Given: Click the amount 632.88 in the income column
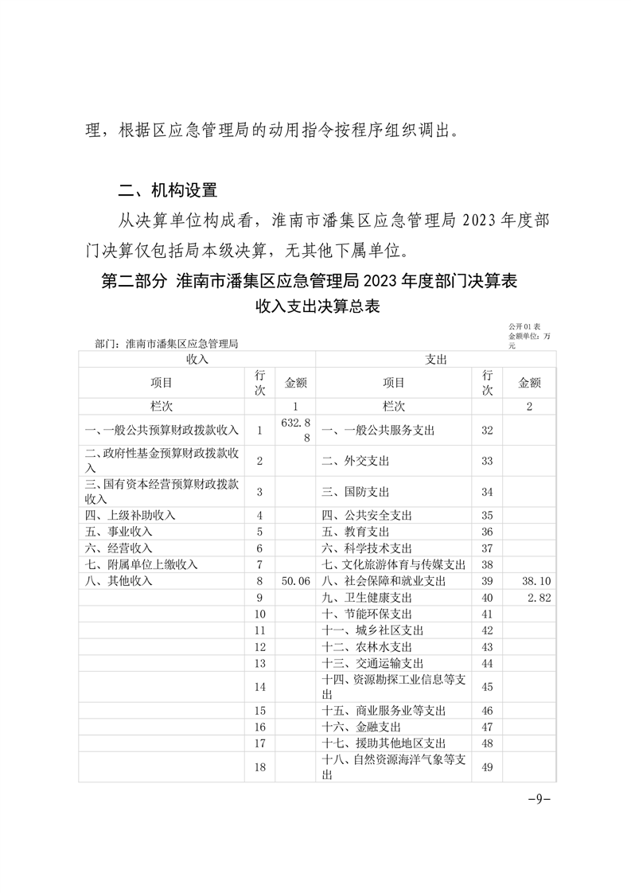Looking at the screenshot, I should [295, 430].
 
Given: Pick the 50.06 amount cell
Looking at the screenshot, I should [295, 581].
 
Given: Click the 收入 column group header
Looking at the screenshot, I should [197, 360].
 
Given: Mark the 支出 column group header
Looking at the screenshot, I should [436, 360].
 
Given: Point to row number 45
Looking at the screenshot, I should [488, 686].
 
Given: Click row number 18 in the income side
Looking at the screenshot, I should [259, 767].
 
